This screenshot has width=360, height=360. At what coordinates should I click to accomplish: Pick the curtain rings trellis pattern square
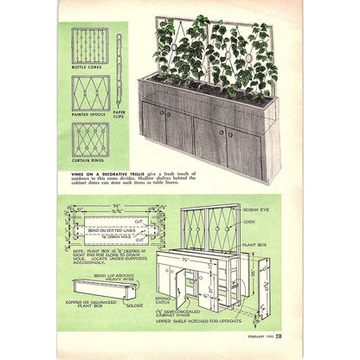coord(90,137)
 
